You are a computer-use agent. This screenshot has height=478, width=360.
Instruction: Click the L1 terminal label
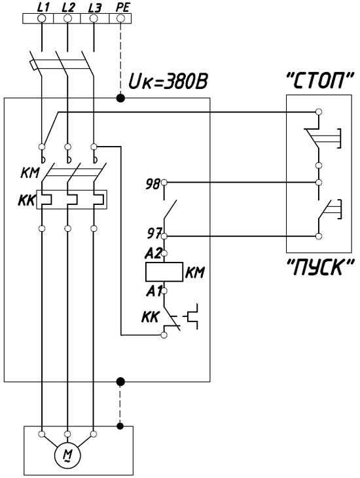[x=43, y=8]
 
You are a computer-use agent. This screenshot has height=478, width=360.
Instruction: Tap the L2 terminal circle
[x=67, y=18]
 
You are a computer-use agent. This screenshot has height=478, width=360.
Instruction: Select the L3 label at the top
[x=94, y=8]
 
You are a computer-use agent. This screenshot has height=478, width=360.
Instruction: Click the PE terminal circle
[x=120, y=18]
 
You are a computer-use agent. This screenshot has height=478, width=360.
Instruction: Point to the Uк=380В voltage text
[x=168, y=82]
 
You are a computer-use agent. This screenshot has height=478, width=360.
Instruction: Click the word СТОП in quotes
[x=320, y=81]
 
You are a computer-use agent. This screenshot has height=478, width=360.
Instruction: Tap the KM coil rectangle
[x=164, y=271]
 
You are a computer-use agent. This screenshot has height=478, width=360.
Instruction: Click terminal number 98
[x=153, y=184]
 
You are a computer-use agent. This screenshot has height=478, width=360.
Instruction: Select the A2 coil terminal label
[x=153, y=253]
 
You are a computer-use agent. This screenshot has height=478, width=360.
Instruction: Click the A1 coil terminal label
[x=153, y=292]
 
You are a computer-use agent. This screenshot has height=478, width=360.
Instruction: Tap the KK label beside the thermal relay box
[x=27, y=200]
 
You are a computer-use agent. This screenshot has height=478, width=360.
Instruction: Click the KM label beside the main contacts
[x=30, y=173]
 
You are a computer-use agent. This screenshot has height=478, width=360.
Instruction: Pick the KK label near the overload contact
[x=150, y=318]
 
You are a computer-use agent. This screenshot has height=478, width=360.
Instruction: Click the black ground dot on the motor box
[x=120, y=426]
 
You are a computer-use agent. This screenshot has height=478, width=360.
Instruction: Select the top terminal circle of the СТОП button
[x=319, y=112]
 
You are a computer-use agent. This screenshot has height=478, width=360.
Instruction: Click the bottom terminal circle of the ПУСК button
[x=319, y=236]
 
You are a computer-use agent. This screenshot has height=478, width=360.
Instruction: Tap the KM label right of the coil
[x=195, y=272]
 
